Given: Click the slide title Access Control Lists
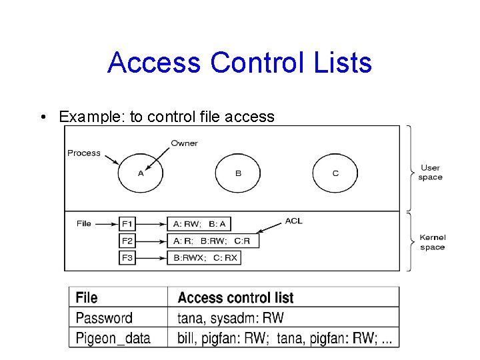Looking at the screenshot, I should coord(239,63).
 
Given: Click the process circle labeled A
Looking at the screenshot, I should coord(141,173).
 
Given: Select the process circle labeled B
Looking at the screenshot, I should coord(238,173).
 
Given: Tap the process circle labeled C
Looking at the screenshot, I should coord(335,173).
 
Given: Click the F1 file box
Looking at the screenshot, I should coord(127,224).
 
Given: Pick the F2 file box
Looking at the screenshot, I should coord(127,241).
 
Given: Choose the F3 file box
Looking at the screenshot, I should coord(127,257).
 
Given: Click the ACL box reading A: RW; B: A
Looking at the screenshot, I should coord(199,224).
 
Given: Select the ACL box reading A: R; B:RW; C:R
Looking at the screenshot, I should coord(213,241).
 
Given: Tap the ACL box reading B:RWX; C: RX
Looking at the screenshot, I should coord(203,257).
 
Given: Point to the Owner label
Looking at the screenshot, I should coord(184,143).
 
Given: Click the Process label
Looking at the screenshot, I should coord(84,153).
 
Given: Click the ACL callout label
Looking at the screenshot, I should coord(293,221).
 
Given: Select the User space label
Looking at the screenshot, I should coord(431,172).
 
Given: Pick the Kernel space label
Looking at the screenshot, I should coord(433,242).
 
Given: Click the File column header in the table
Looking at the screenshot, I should coord(87,297).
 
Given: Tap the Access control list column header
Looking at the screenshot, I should coord(235,297).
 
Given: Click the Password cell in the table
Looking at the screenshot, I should coord(104,317).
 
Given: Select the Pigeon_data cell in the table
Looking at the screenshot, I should coord(113,337).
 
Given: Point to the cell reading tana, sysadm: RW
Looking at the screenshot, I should coord(231,317).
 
